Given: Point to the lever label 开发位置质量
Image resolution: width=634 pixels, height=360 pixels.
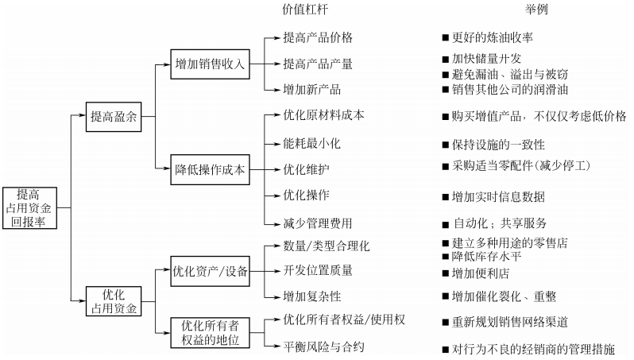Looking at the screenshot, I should coord(318,270).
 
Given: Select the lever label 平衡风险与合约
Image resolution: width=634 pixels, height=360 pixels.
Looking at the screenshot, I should coord(324,346).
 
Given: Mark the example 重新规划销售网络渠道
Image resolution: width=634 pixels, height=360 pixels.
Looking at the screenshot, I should coord(509,321).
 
